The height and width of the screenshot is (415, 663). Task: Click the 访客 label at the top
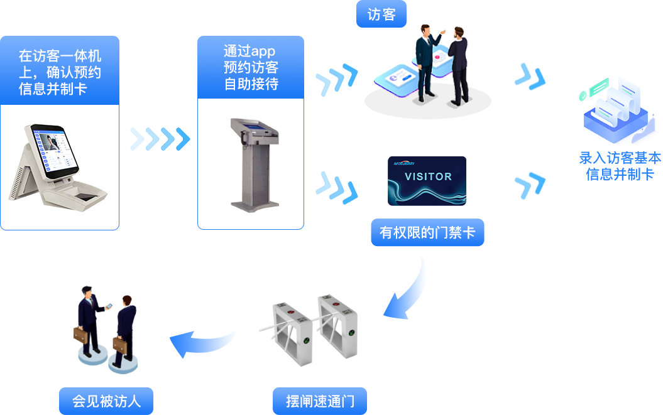pyautogui.click(x=381, y=14)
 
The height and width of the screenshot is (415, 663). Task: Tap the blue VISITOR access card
pyautogui.click(x=427, y=181)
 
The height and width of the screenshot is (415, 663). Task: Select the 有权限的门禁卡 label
pyautogui.click(x=427, y=233)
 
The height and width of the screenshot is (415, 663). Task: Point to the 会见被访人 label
pyautogui.click(x=106, y=401)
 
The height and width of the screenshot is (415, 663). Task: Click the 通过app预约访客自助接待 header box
pyautogui.click(x=250, y=67)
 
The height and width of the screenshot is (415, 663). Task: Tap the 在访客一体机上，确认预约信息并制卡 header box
pyautogui.click(x=60, y=70)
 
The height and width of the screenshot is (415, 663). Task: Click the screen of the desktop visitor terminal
pyautogui.click(x=55, y=151)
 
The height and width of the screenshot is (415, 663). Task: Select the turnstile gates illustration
pyautogui.click(x=308, y=330)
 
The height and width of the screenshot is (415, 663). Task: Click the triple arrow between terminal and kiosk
pyautogui.click(x=160, y=139)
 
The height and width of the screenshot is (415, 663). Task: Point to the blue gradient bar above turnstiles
pyautogui.click(x=403, y=287)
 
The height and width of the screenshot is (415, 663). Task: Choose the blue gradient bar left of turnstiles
pyautogui.click(x=202, y=342)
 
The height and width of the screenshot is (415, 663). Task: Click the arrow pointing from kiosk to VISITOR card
pyautogui.click(x=331, y=188)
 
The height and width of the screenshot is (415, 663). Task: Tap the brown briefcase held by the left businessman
pyautogui.click(x=82, y=335)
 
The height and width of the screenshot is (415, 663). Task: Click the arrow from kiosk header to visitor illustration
pyautogui.click(x=336, y=79)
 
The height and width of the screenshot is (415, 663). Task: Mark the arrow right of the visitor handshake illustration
pyautogui.click(x=524, y=77)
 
